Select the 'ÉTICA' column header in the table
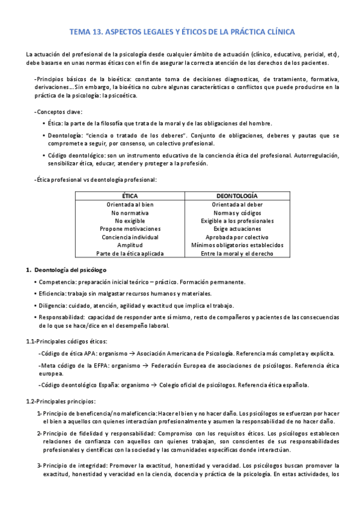click(x=130, y=196)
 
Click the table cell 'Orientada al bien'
click(x=130, y=204)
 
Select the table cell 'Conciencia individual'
click(x=130, y=237)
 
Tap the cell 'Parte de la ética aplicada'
click(x=130, y=254)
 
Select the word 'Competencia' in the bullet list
click(x=58, y=282)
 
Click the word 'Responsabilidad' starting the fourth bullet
click(x=63, y=317)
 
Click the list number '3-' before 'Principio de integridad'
click(x=39, y=465)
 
